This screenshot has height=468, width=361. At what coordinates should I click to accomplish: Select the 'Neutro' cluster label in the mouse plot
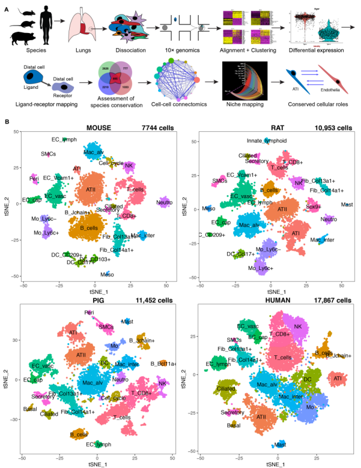(164, 203)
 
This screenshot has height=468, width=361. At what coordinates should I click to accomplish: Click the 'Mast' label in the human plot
(280, 445)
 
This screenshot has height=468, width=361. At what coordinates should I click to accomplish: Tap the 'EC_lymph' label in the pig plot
(98, 445)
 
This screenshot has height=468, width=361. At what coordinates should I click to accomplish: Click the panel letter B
(7, 122)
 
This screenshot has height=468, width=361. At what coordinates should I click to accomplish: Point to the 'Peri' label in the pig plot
(89, 312)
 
